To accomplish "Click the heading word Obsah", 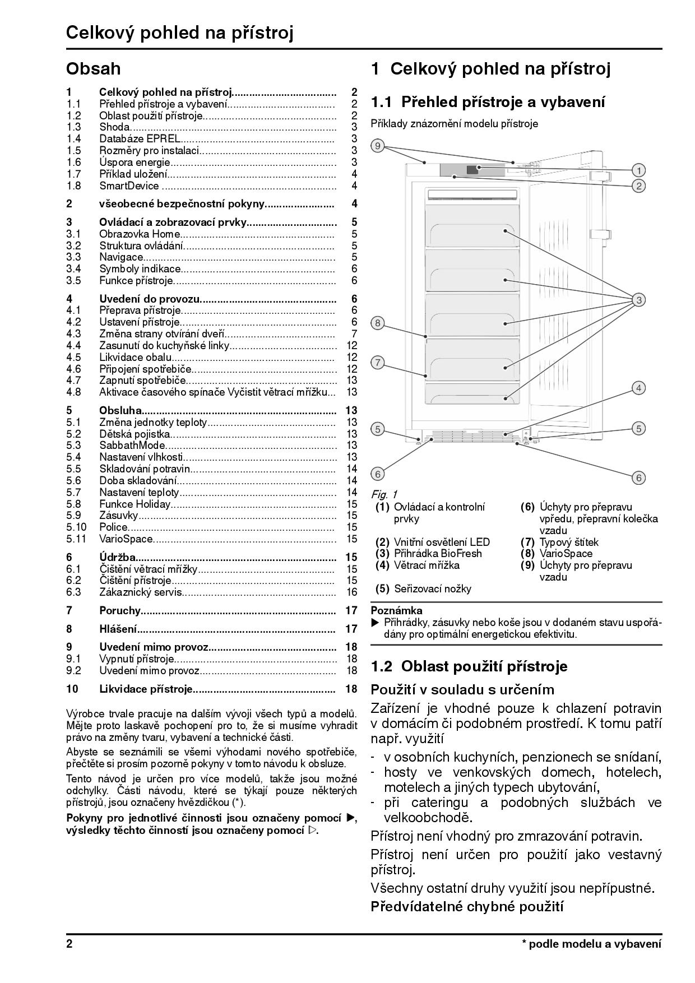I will tap(93, 69).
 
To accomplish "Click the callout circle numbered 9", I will tap(378, 146).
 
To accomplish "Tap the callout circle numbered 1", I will tap(638, 170).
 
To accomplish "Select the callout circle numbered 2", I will tap(638, 186).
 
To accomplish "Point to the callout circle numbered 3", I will tap(638, 300).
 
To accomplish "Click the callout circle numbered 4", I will tap(638, 388).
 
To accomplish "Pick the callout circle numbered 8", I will tap(378, 323).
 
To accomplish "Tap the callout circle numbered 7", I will tap(378, 363).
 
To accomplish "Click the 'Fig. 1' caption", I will tap(384, 494).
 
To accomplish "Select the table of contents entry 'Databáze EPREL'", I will tap(140, 138).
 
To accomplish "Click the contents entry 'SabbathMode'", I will tap(132, 446).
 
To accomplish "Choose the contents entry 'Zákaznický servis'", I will tap(141, 592).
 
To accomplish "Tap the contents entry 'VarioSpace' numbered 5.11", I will tap(126, 539).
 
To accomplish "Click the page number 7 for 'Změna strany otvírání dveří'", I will tap(354, 333).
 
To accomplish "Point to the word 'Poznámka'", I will tap(396, 610).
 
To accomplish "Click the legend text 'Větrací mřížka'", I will tap(427, 565).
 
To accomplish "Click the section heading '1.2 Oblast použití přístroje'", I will tap(469, 666).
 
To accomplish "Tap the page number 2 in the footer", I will tap(69, 944).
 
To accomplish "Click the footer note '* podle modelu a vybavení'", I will tap(591, 944).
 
